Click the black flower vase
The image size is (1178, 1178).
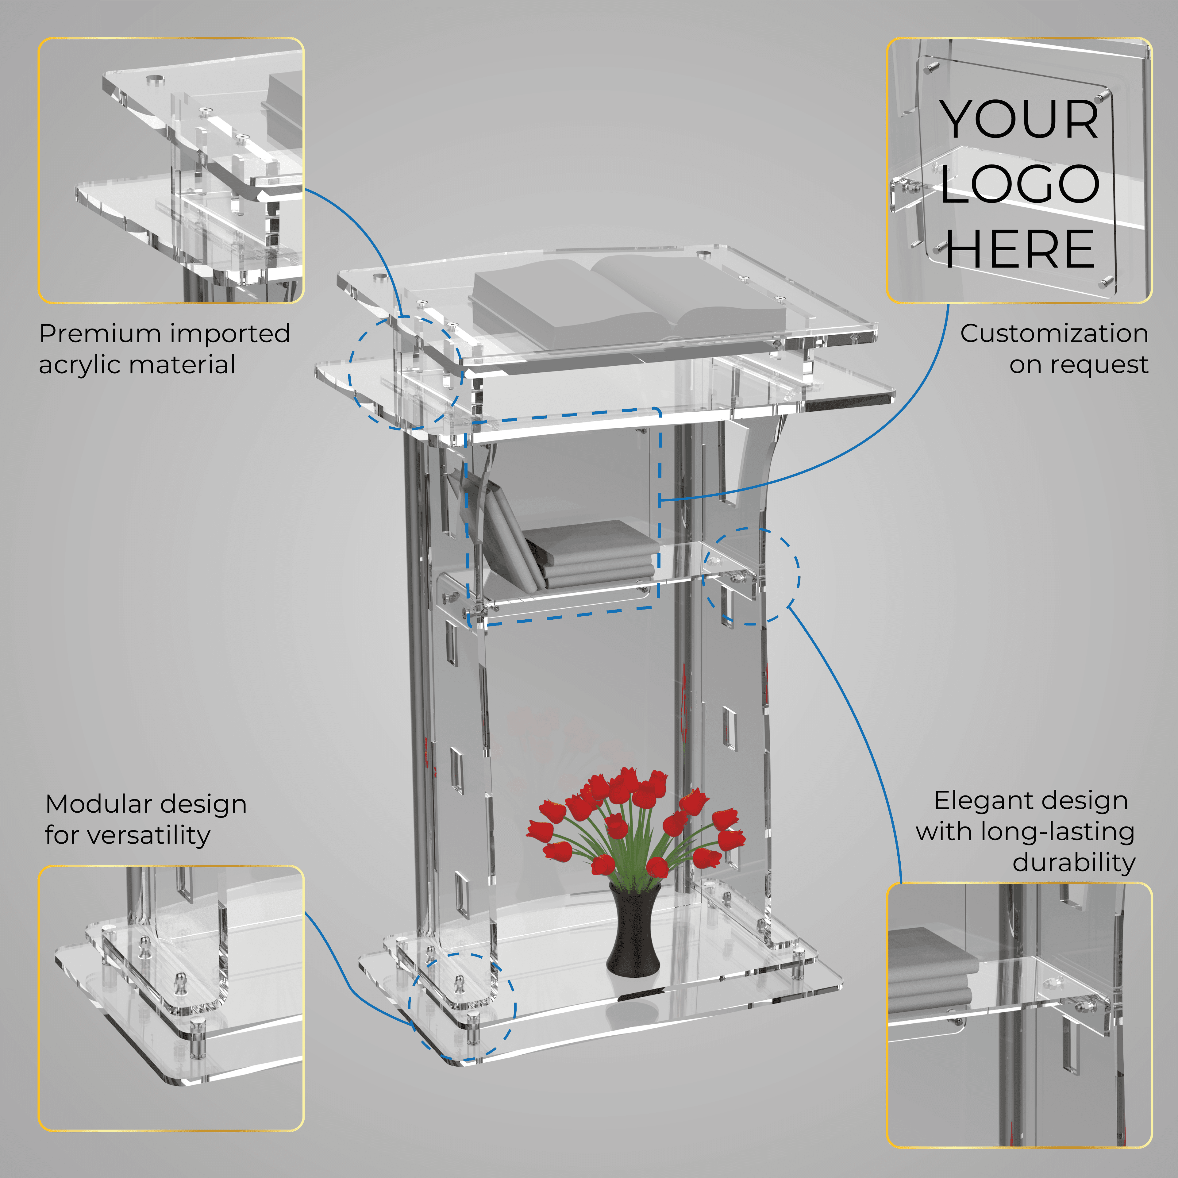click(634, 929)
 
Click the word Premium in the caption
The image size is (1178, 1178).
click(99, 334)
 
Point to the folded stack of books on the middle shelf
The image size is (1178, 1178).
click(588, 554)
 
